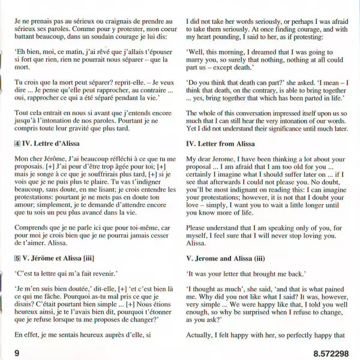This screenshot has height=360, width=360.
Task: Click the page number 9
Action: coord(17,353)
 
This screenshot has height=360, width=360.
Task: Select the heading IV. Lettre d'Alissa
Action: coord(57,144)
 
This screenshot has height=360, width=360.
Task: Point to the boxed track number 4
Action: coord(17,144)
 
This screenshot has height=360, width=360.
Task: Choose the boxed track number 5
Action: coord(17,259)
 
